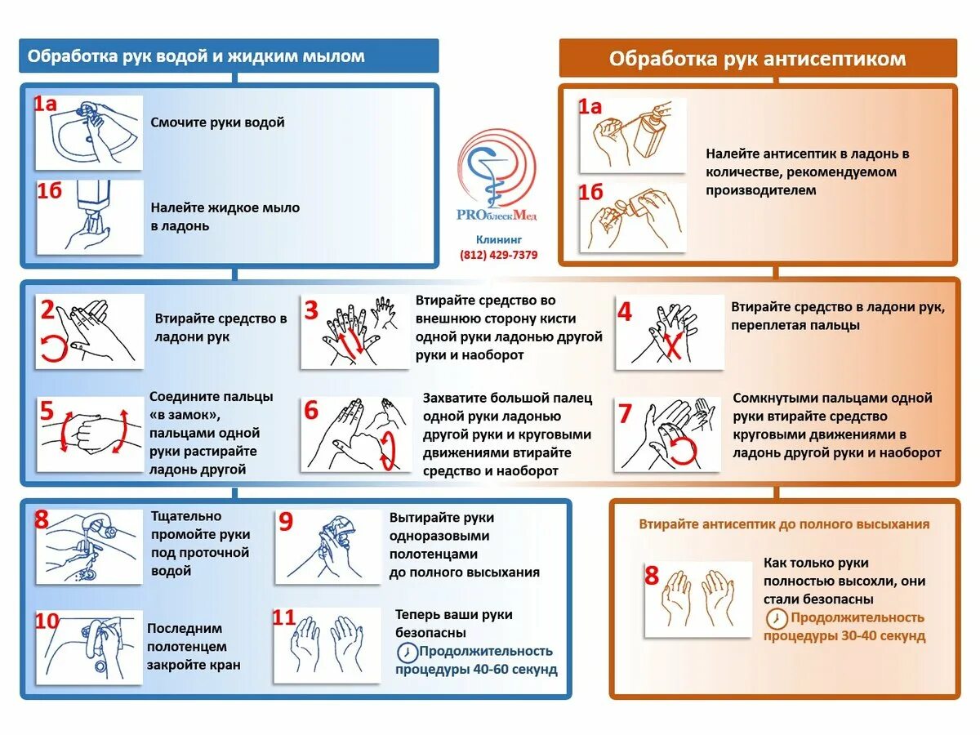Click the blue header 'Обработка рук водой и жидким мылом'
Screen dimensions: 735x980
pos(196,56)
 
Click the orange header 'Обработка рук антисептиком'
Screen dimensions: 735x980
pos(757,59)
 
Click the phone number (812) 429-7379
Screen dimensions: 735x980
pos(498,255)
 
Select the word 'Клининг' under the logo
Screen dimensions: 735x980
pos(498,239)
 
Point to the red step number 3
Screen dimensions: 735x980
pos(311,310)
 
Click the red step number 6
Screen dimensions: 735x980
pos(311,410)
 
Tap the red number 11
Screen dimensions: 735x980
pos(283,617)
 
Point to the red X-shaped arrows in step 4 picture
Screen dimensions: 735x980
pos(673,345)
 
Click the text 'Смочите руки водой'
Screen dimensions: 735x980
pos(217,122)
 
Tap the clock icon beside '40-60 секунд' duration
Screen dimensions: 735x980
pos(406,652)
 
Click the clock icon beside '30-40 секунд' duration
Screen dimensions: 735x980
pos(777,617)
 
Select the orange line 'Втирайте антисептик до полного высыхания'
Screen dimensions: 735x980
pos(784,524)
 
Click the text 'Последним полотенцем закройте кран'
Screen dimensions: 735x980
pos(194,646)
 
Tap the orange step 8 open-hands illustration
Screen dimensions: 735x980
pos(699,598)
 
